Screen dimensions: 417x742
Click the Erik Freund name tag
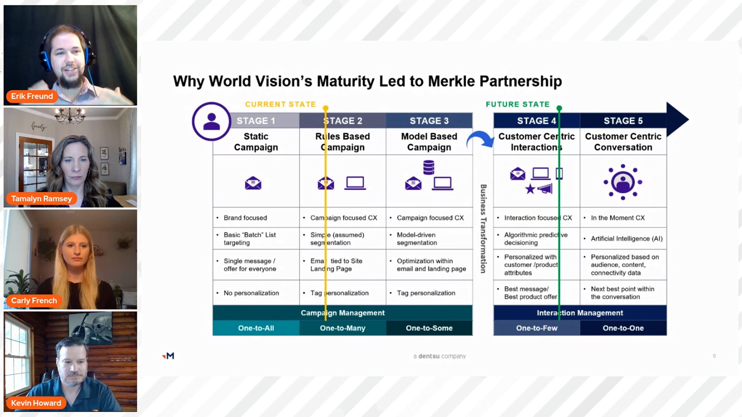click(32, 96)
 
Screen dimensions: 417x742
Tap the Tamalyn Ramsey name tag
click(41, 199)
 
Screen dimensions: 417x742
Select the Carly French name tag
click(34, 301)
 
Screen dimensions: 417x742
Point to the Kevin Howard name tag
click(36, 403)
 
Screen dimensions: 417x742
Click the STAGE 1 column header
click(256, 120)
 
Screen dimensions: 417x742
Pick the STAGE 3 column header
click(429, 120)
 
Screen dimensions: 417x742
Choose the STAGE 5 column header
click(623, 120)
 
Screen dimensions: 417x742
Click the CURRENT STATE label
click(280, 104)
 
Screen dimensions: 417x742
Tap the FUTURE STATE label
click(518, 104)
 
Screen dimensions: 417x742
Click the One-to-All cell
click(256, 328)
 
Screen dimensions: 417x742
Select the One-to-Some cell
click(429, 328)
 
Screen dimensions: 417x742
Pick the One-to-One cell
click(623, 328)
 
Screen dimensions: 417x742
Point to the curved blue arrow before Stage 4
click(480, 140)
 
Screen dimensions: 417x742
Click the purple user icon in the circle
click(211, 121)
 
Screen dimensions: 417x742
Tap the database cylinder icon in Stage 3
click(429, 167)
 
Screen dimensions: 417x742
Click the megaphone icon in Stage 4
click(545, 189)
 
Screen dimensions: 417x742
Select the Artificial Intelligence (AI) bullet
click(626, 238)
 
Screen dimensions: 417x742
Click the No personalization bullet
click(251, 293)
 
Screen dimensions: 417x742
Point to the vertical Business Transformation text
click(483, 229)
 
